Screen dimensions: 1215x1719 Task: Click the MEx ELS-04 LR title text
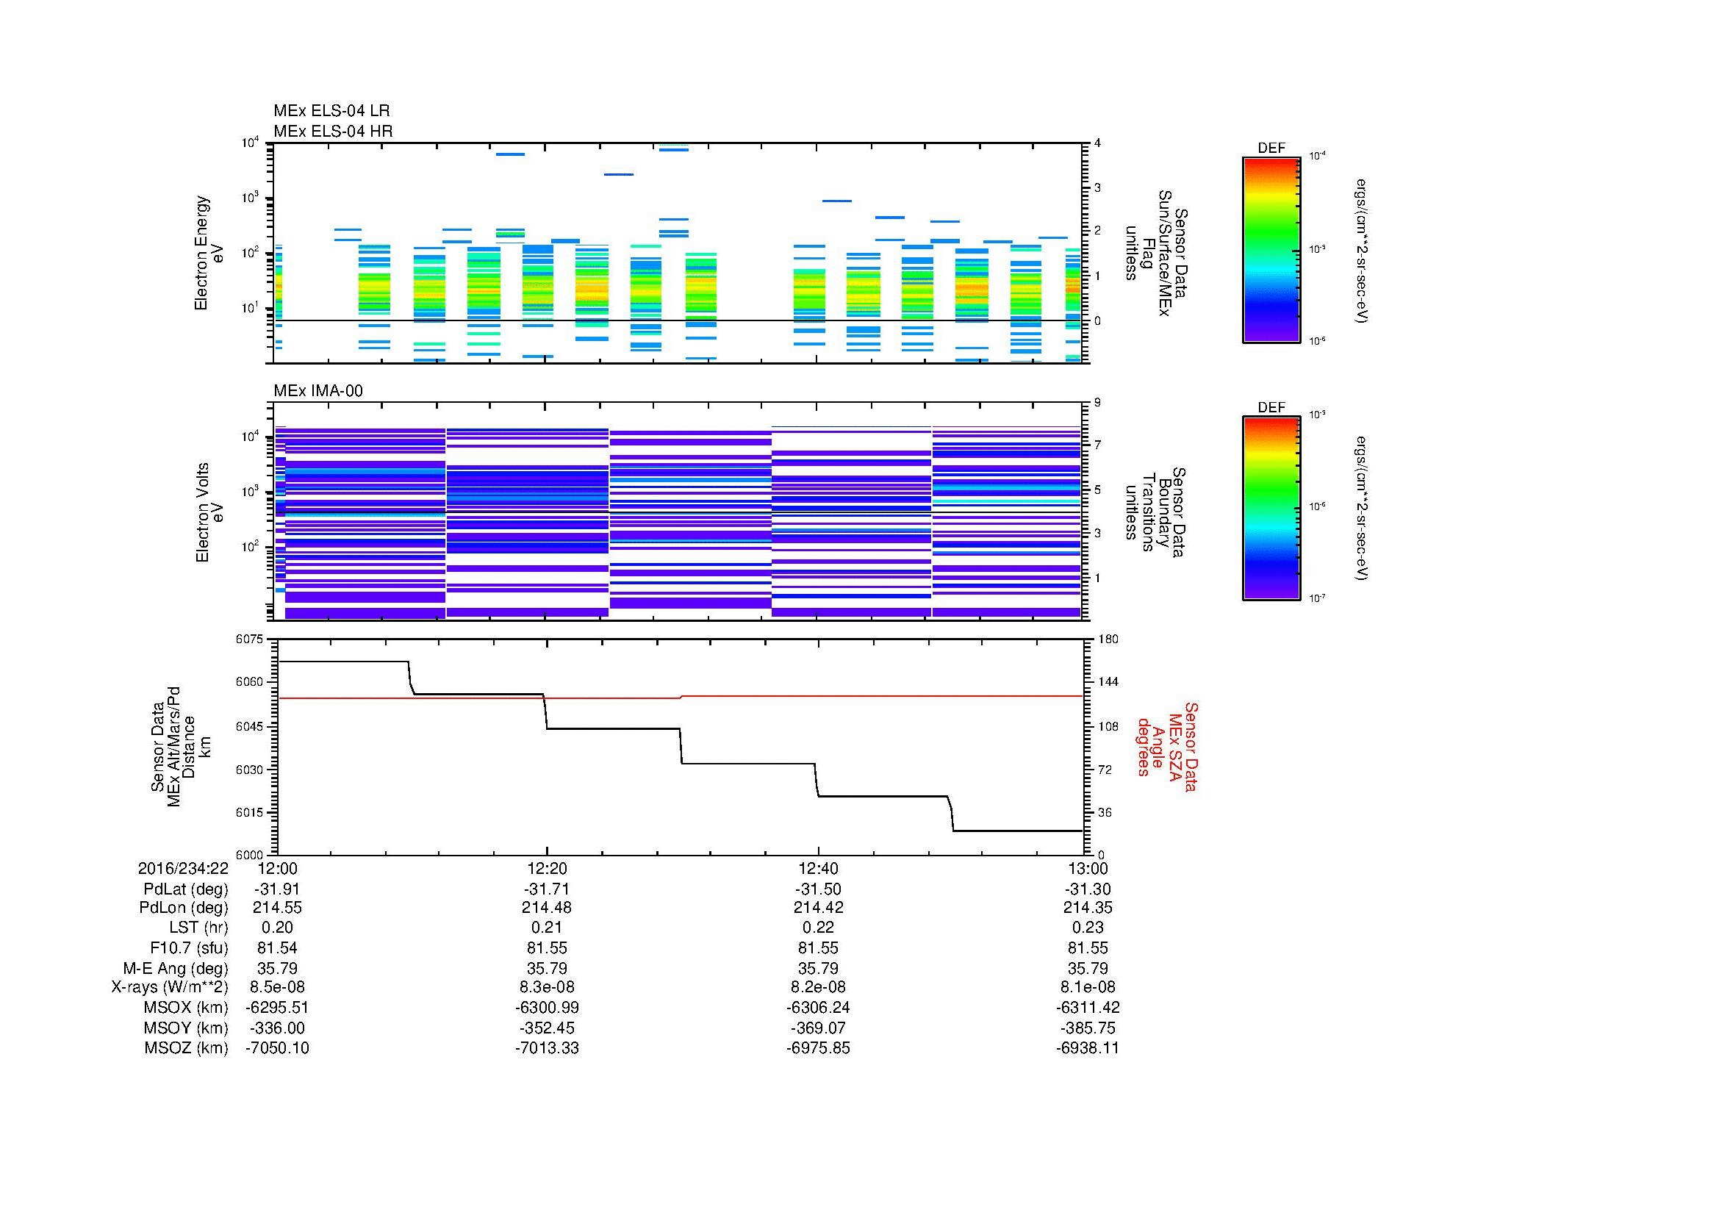pyautogui.click(x=331, y=111)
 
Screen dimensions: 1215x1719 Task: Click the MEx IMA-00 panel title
pyautogui.click(x=317, y=391)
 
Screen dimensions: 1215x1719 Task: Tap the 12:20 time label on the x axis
pyautogui.click(x=547, y=868)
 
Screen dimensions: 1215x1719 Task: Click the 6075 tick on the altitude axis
pyautogui.click(x=251, y=639)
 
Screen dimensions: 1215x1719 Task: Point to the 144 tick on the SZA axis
pyautogui.click(x=1107, y=682)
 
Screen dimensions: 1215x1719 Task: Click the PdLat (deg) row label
pyautogui.click(x=186, y=889)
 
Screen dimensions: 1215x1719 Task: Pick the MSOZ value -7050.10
pyautogui.click(x=277, y=1048)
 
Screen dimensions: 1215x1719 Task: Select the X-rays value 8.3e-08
pyautogui.click(x=547, y=987)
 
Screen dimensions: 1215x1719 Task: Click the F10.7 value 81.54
pyautogui.click(x=277, y=947)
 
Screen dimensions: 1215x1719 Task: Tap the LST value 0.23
pyautogui.click(x=1088, y=928)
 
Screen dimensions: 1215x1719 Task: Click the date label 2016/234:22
pyautogui.click(x=183, y=868)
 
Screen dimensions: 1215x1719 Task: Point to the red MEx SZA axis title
pyautogui.click(x=1167, y=746)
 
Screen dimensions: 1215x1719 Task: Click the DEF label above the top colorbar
pyautogui.click(x=1271, y=148)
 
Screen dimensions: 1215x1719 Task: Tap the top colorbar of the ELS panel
pyautogui.click(x=1271, y=249)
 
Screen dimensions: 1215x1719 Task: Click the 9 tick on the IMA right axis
pyautogui.click(x=1097, y=403)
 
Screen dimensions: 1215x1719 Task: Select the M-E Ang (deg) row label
pyautogui.click(x=175, y=968)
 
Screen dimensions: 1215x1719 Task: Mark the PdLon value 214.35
pyautogui.click(x=1088, y=908)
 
